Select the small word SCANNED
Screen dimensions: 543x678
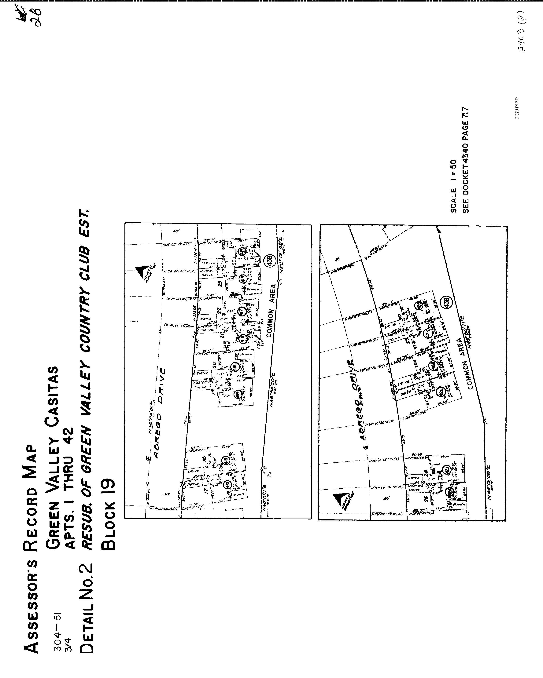(517, 108)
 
